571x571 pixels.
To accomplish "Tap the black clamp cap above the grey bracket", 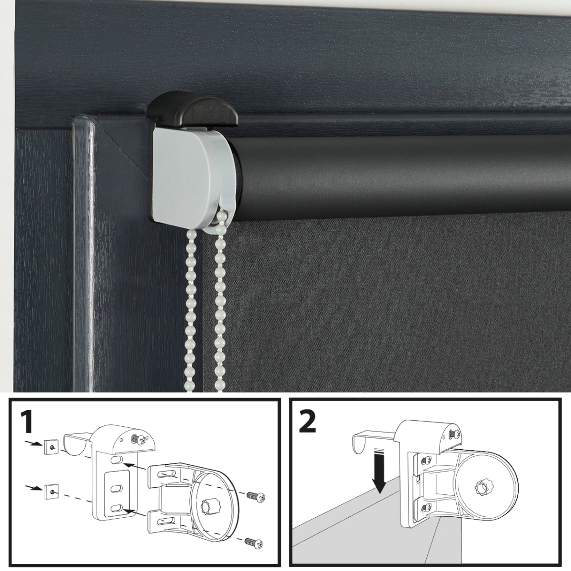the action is [x=193, y=111].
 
